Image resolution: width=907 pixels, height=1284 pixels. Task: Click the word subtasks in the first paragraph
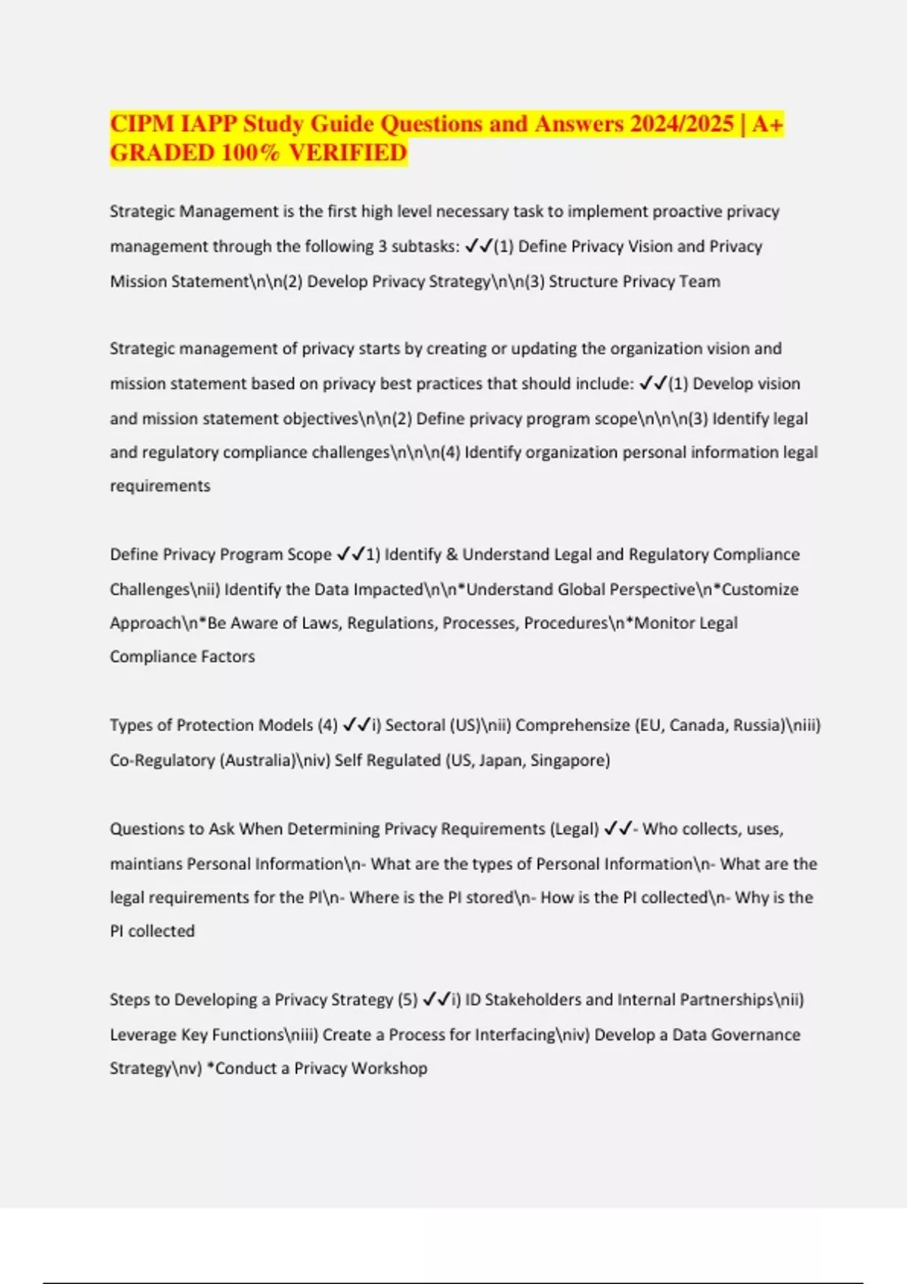[423, 246]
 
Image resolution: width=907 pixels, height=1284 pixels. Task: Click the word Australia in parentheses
[256, 760]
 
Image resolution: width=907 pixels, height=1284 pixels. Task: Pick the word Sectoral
[415, 725]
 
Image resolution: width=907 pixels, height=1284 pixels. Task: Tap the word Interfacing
[515, 1034]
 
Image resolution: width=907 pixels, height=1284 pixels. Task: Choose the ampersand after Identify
[452, 554]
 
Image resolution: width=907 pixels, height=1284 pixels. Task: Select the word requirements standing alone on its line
[160, 486]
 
